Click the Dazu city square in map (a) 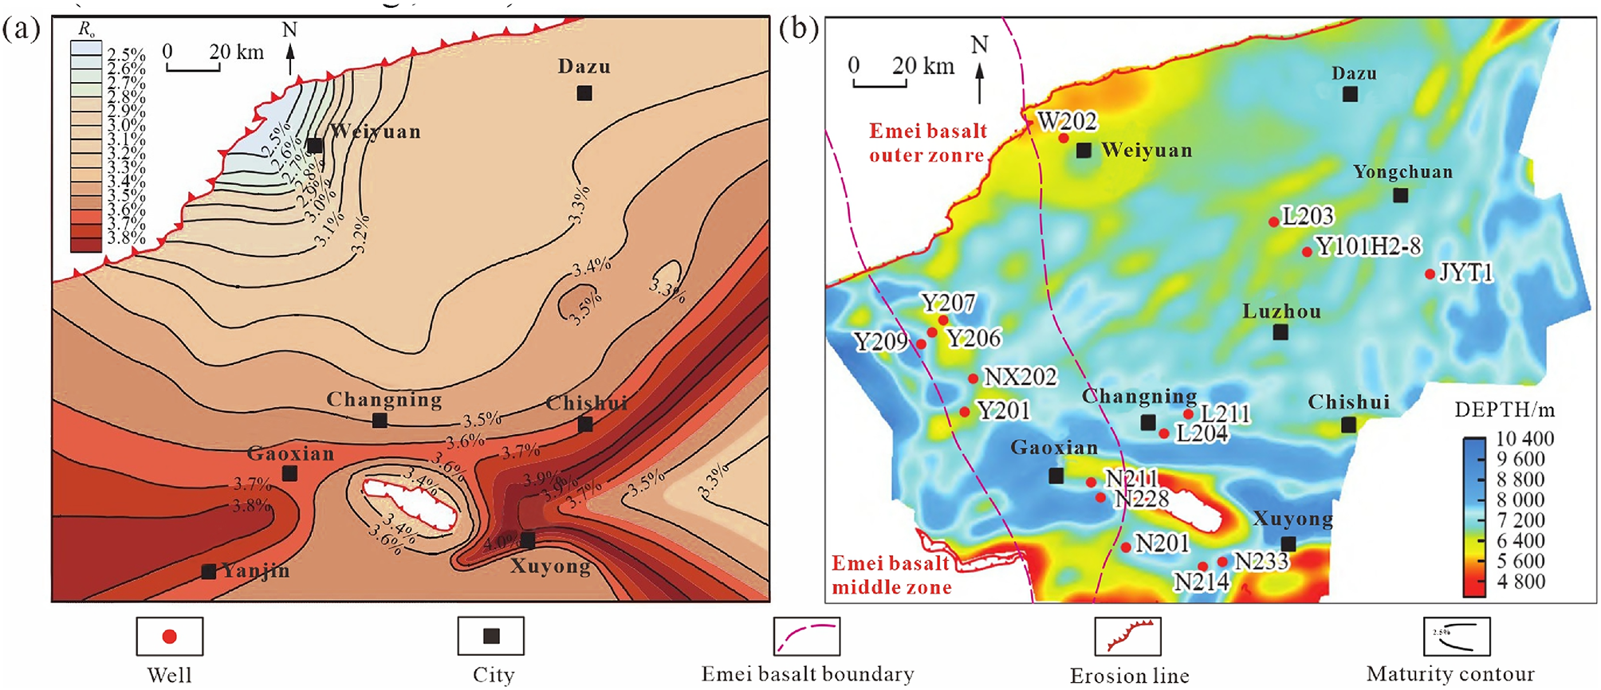click(584, 93)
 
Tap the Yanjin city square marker click(208, 571)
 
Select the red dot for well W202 click(1063, 138)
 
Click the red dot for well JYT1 click(1430, 274)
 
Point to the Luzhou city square click(1280, 332)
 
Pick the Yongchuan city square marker click(1400, 195)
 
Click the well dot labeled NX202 click(973, 378)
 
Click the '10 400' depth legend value click(1524, 438)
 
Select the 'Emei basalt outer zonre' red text click(927, 143)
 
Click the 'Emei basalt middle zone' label click(891, 575)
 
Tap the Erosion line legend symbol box click(1127, 637)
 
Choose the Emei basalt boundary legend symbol click(806, 637)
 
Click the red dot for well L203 click(1273, 222)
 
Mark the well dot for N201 click(1125, 547)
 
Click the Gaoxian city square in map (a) click(289, 473)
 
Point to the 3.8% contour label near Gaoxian click(250, 505)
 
